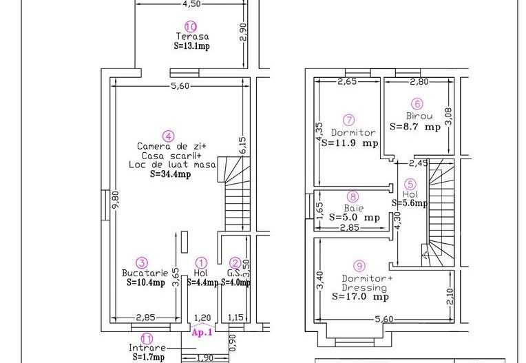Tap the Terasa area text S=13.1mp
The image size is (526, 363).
(x=192, y=46)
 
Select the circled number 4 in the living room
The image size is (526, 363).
(x=167, y=135)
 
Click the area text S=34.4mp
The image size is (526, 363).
(x=170, y=174)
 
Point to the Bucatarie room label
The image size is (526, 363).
(x=141, y=273)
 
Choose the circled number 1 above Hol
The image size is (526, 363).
(x=201, y=262)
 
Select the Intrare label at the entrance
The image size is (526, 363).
(x=146, y=348)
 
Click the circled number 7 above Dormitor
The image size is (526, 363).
(x=349, y=119)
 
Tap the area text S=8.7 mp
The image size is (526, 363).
(x=414, y=127)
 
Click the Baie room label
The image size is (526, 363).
(x=354, y=207)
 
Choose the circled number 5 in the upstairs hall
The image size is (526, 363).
(x=410, y=184)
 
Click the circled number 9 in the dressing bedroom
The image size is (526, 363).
(x=358, y=265)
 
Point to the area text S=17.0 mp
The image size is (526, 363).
(x=360, y=297)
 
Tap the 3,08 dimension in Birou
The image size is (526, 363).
(x=448, y=116)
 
